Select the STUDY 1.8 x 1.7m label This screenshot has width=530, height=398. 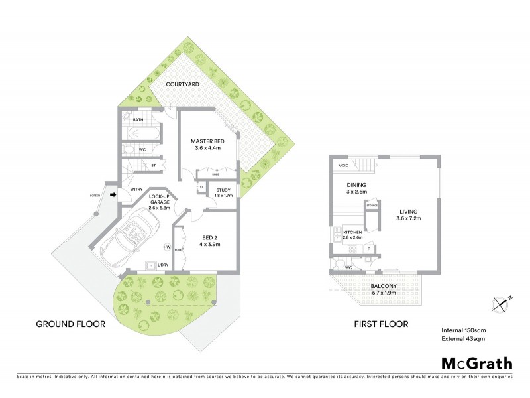click(x=223, y=193)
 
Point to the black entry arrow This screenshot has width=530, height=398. click(x=112, y=195)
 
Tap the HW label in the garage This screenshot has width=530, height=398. click(x=166, y=247)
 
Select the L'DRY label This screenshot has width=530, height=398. click(x=163, y=265)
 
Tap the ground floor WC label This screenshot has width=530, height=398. click(x=141, y=150)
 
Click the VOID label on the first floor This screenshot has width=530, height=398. click(x=343, y=165)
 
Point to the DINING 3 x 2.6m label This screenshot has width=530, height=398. click(x=356, y=189)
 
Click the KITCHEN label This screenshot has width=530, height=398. click(x=352, y=234)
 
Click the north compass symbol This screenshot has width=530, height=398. click(x=502, y=303)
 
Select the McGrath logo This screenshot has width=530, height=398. click(x=476, y=363)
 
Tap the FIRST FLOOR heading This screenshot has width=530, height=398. click(x=380, y=324)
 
